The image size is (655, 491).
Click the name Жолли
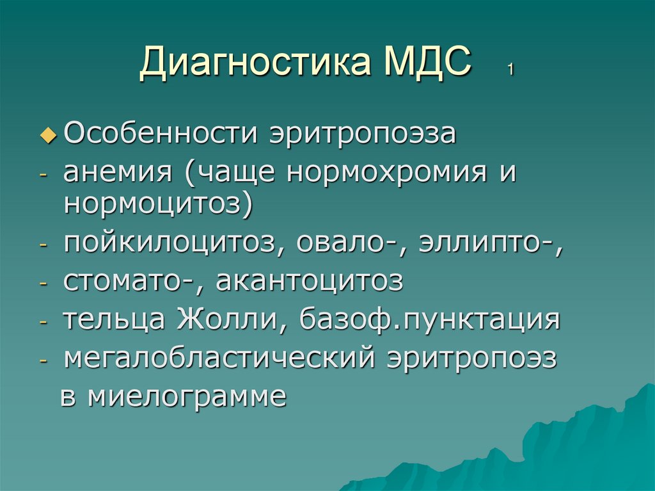tap(228, 319)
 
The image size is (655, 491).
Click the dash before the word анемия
tap(43, 175)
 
